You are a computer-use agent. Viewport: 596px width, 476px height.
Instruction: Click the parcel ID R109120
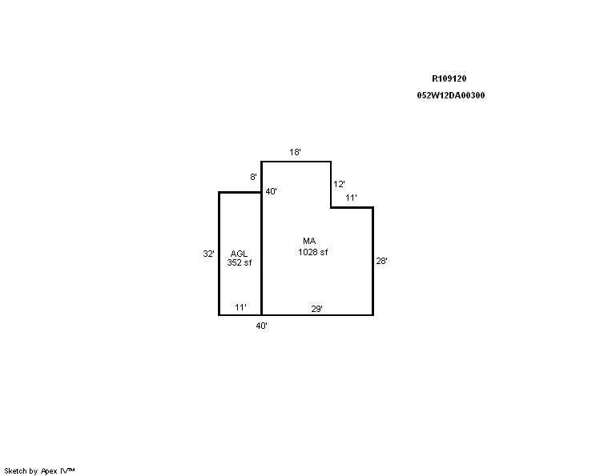tap(449, 78)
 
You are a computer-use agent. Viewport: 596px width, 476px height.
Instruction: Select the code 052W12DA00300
tap(451, 95)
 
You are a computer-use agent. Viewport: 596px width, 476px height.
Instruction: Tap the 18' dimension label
tap(295, 152)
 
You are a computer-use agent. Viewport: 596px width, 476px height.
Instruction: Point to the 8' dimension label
tap(253, 177)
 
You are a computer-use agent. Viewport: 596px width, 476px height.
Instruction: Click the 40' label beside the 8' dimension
tap(271, 191)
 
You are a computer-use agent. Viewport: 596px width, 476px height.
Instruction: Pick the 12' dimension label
tap(339, 184)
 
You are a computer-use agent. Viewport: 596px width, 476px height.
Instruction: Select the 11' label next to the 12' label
tap(351, 198)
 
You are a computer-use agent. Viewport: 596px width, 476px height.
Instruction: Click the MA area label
tap(309, 241)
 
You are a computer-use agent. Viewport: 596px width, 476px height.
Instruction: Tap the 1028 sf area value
tap(313, 252)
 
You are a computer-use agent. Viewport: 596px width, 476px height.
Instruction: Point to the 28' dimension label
tap(381, 261)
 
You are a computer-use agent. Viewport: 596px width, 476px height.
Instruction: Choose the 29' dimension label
tap(316, 309)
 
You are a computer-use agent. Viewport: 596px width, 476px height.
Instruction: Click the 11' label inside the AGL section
tap(240, 307)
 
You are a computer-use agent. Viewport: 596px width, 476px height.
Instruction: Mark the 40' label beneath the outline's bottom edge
tap(261, 326)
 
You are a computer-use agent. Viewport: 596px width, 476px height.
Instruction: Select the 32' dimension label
tap(208, 254)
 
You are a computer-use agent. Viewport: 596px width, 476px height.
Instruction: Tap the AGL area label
tap(239, 254)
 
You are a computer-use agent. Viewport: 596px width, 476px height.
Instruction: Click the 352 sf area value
tap(239, 262)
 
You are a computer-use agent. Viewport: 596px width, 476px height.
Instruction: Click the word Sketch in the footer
tap(15, 471)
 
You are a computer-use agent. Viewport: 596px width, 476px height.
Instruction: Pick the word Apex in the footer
tap(49, 471)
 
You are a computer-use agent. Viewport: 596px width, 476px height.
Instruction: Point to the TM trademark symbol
tap(71, 470)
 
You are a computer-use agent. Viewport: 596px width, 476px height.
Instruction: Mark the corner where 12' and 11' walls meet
tap(331, 208)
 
